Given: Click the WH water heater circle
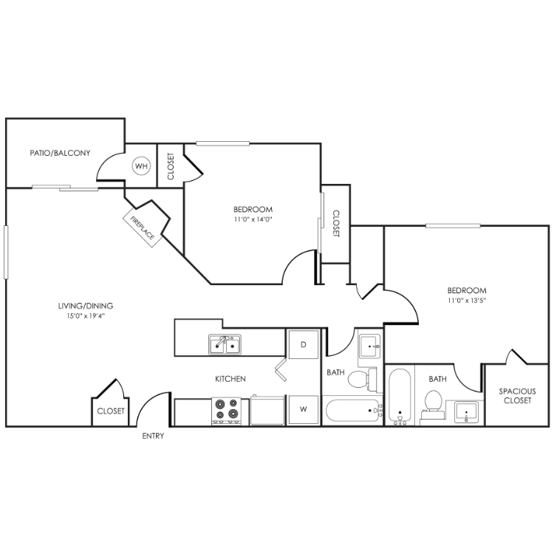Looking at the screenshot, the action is (141, 165).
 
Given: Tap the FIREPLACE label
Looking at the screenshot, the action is (143, 228).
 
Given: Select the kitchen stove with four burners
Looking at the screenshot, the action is (227, 411).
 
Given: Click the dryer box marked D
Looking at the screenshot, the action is (304, 344).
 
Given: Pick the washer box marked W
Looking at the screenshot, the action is (304, 409).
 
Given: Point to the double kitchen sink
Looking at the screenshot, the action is (225, 344).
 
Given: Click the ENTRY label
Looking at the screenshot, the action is (153, 436).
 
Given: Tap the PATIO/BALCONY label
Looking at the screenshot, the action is (60, 153).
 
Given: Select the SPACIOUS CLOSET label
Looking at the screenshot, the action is (517, 396).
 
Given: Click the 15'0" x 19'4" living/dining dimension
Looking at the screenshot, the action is (86, 316).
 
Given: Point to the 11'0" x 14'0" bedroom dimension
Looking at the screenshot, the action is (253, 219).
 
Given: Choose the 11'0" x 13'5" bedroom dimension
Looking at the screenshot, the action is (467, 301).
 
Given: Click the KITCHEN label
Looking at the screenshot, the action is (230, 379).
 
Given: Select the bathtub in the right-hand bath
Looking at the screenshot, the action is (400, 395).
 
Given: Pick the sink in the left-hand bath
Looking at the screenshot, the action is (369, 346).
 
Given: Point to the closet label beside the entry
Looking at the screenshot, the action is (111, 411).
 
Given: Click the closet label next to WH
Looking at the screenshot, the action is (171, 166).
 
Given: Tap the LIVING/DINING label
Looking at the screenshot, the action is (86, 306).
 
